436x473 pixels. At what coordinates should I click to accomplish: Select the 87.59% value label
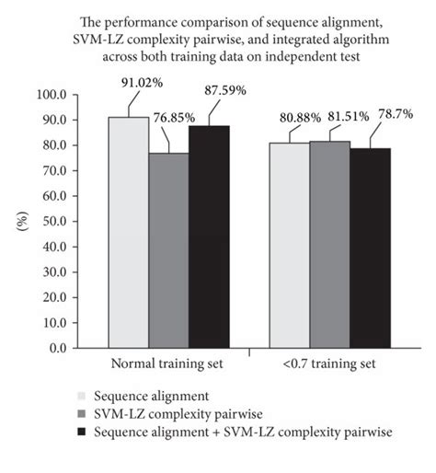point(232,90)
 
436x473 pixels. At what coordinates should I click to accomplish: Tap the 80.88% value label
point(294,117)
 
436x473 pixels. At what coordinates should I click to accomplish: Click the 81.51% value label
point(346,117)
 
